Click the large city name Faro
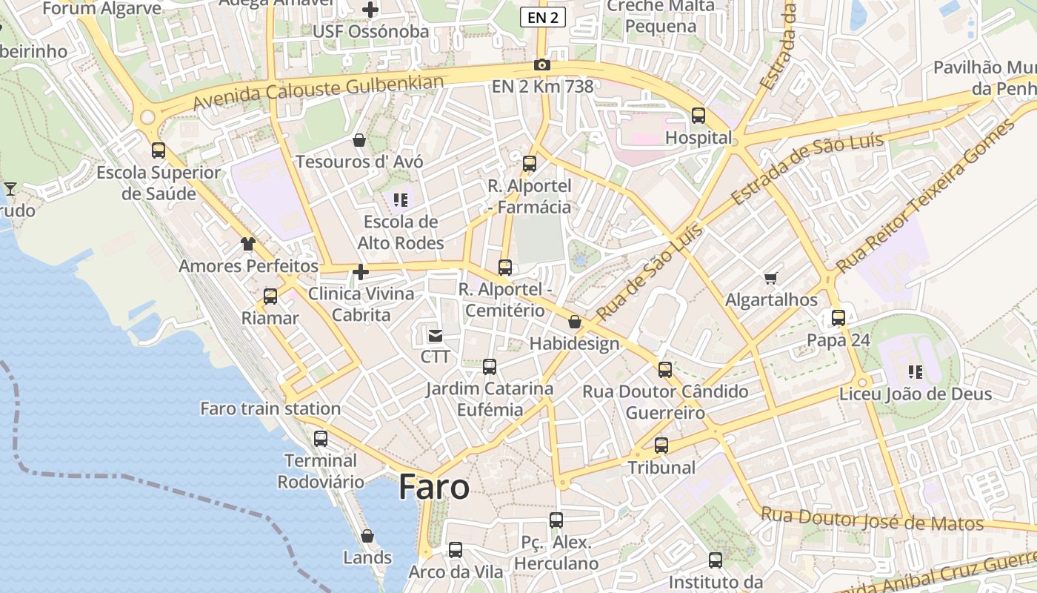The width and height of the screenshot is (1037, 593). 434,487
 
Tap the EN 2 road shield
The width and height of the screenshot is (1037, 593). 543,17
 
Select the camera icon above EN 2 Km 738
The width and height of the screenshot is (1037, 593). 542,65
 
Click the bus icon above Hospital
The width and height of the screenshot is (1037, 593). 698,116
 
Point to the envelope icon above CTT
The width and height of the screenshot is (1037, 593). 435,336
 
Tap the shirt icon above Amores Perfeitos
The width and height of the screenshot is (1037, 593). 248,244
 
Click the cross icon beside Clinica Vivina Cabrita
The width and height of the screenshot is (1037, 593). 361,272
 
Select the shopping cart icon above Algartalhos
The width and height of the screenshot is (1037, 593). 771,279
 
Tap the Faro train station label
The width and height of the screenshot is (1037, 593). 270,408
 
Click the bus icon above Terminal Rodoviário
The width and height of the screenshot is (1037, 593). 321,438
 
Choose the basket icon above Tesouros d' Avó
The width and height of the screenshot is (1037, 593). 359,140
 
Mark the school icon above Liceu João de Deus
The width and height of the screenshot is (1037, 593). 916,371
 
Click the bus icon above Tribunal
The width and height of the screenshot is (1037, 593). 661,445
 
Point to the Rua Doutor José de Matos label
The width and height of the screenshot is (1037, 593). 873,519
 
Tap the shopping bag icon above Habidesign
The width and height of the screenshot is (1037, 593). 575,322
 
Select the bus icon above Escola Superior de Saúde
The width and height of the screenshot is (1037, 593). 159,150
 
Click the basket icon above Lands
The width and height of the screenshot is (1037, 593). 367,536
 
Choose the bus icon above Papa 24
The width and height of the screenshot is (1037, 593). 838,318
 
